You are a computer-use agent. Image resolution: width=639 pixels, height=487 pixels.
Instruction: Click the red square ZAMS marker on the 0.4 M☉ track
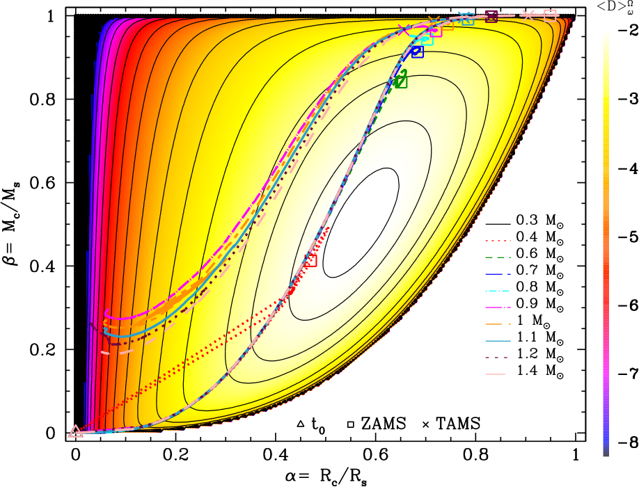coord(311,260)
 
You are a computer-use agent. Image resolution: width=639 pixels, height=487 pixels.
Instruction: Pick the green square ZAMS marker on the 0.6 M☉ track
coord(400,81)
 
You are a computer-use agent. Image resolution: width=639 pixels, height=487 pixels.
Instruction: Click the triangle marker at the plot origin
coord(75,431)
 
